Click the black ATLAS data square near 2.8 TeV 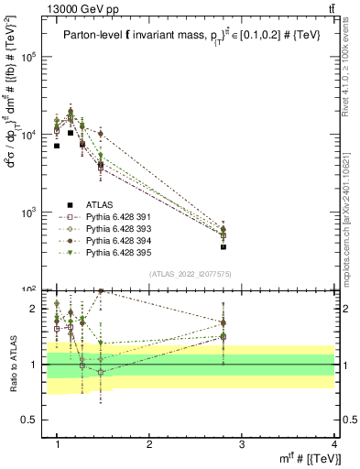point(224,246)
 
